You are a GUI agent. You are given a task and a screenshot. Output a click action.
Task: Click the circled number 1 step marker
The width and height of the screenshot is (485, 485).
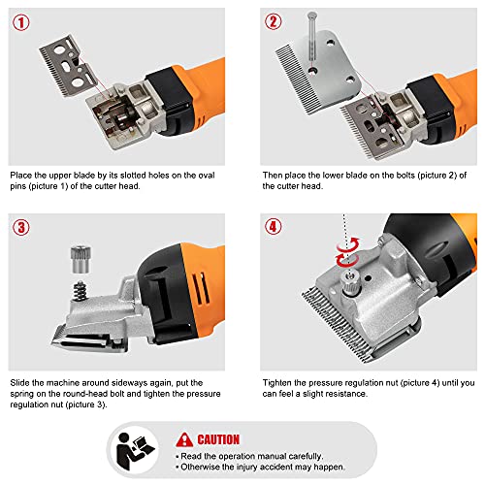21,22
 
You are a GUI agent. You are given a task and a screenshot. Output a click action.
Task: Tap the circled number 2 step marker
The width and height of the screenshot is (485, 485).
274,21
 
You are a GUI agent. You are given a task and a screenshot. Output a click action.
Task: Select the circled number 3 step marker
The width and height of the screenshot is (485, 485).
21,227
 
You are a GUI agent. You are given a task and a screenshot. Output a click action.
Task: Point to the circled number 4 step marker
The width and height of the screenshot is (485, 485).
274,227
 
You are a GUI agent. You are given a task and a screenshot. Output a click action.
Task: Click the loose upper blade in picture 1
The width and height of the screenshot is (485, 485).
69,66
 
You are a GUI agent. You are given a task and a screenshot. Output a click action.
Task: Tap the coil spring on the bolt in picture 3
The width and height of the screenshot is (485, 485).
80,291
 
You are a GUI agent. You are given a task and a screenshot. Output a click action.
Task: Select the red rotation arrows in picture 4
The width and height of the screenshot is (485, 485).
348,252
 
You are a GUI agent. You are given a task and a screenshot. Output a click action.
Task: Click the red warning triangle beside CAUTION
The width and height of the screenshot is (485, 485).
184,439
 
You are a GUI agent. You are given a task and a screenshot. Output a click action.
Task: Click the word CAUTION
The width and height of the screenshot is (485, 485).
218,439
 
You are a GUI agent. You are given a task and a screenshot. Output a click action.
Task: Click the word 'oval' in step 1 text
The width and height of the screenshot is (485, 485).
207,176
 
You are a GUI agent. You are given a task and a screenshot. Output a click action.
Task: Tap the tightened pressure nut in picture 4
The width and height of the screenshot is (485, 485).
349,283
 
